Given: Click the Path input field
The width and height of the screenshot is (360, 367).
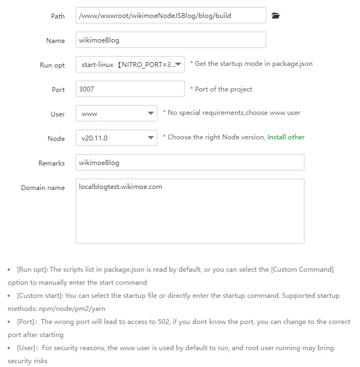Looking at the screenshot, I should tap(170, 16).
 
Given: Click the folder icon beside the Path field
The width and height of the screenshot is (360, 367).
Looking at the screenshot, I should tap(276, 16).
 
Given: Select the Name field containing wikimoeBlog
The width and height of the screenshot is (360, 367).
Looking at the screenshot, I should tap(170, 40).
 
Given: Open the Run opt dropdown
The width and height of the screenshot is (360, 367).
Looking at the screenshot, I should tap(130, 65).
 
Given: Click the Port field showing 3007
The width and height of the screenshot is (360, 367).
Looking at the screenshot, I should tap(130, 89).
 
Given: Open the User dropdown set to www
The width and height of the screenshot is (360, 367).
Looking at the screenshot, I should tap(117, 114).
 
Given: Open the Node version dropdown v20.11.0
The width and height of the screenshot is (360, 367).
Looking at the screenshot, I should tap(117, 138).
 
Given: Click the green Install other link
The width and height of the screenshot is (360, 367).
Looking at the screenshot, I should tap(286, 137).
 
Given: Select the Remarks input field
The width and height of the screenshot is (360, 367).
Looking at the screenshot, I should tap(190, 163).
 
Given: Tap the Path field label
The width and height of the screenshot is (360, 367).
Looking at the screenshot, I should tap(57, 16).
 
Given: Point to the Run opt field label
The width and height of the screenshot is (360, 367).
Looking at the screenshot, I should tap(52, 65).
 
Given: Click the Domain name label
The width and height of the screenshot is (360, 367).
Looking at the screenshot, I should tap(43, 188).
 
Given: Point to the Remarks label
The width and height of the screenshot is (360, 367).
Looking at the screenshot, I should tap(52, 163).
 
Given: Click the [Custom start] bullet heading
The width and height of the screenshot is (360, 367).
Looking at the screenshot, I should tap(40, 296).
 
